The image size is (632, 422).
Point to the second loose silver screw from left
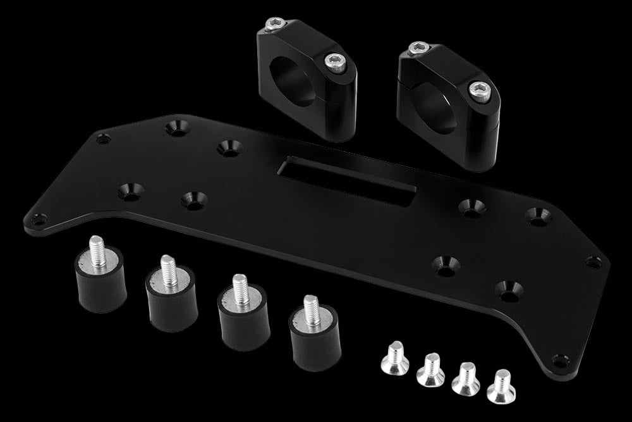430,368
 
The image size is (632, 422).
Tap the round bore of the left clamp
296,79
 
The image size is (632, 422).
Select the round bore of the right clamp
437,101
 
